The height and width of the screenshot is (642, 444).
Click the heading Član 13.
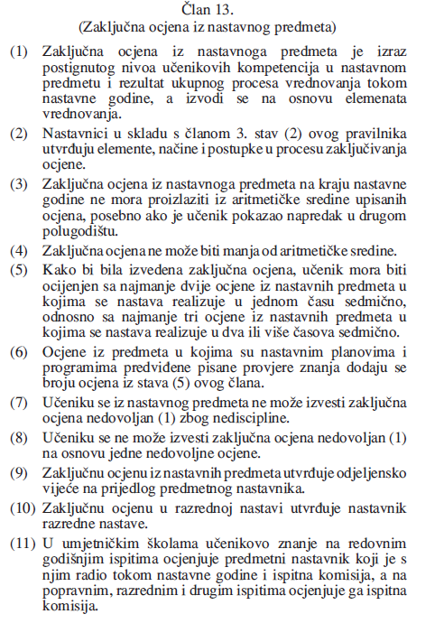pyautogui.click(x=220, y=10)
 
